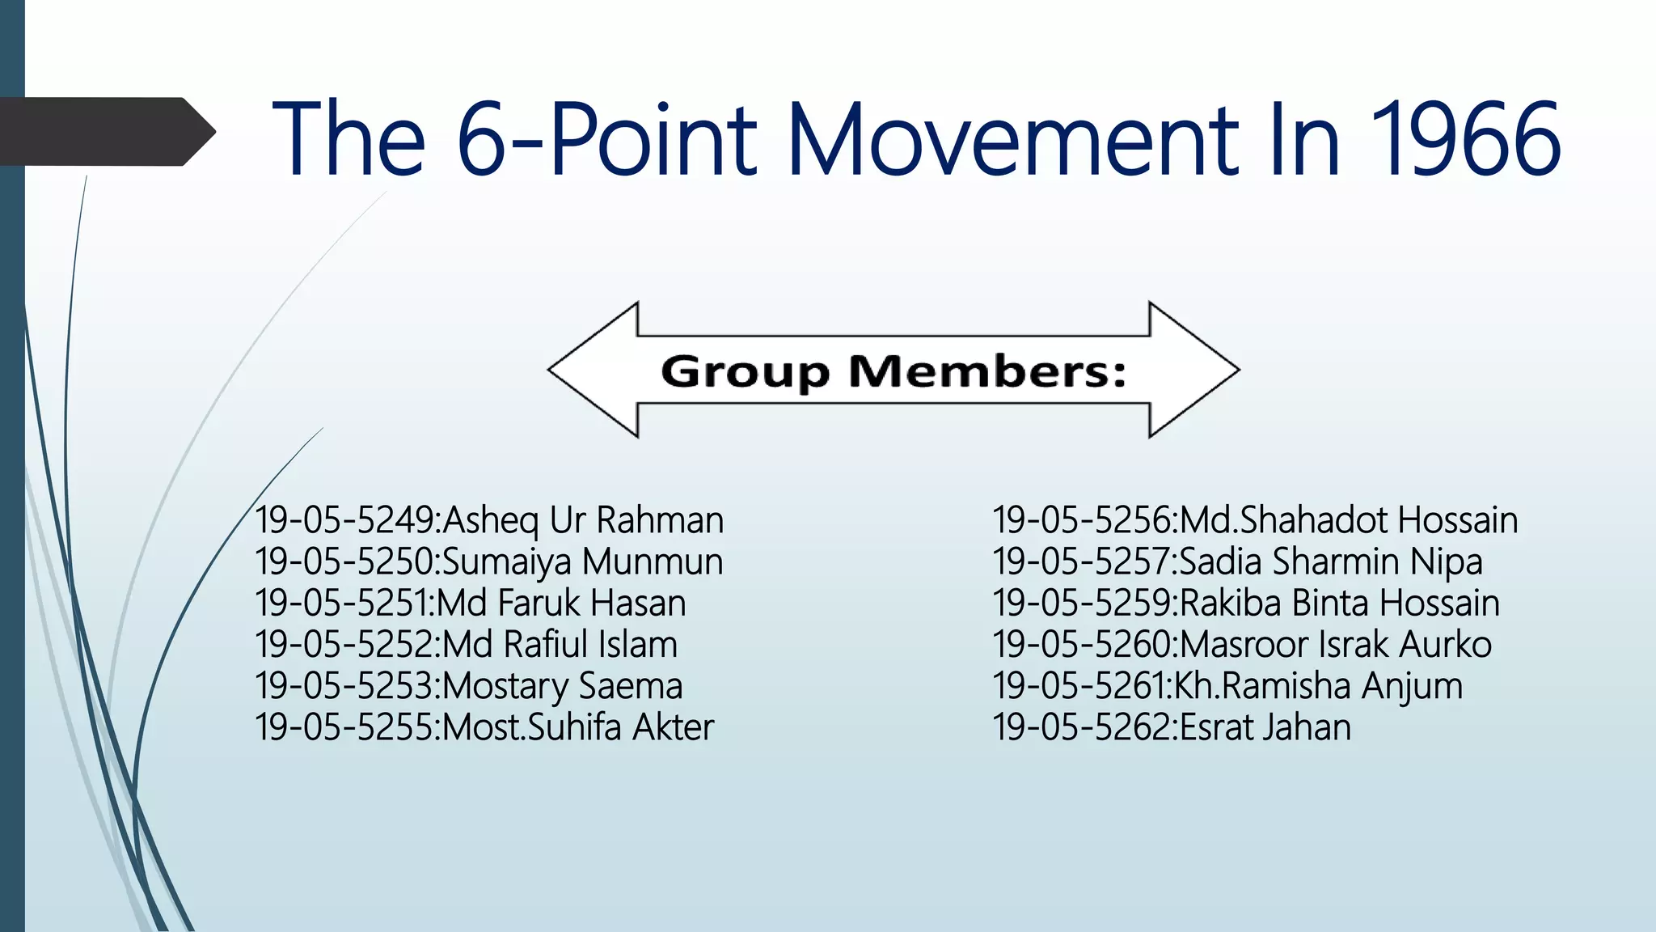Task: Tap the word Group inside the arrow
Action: point(745,372)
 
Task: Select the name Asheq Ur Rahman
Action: point(583,520)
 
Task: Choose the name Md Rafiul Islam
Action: point(560,645)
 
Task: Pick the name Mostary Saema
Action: point(563,686)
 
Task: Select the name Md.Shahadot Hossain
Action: point(1349,520)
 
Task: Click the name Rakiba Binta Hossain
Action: point(1340,604)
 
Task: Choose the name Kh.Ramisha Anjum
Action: point(1318,686)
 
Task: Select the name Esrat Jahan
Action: point(1265,727)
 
